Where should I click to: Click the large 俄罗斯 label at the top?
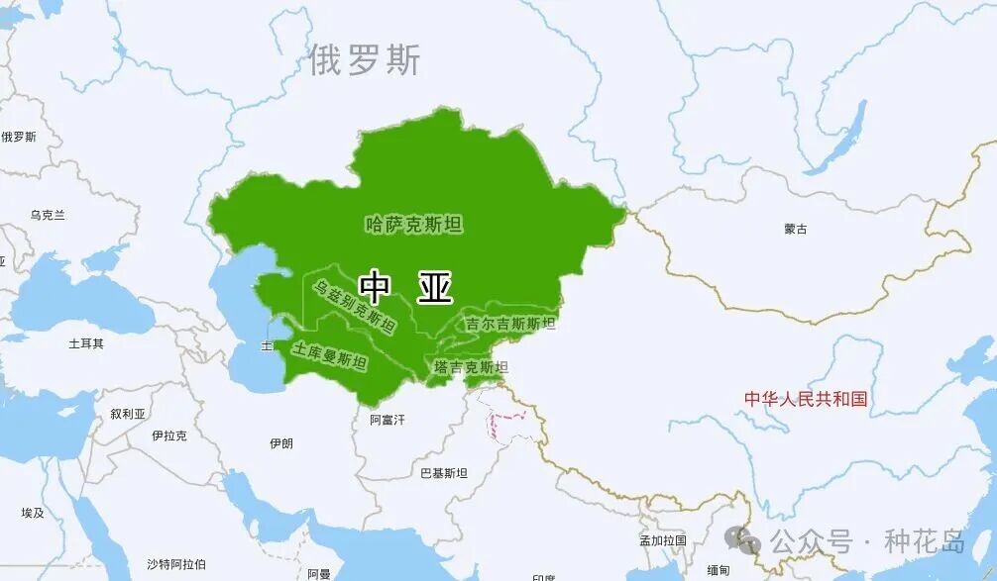click(364, 60)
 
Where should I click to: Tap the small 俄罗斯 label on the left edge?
click(18, 137)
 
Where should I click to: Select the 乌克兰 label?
click(47, 215)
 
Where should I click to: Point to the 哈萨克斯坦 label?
click(413, 225)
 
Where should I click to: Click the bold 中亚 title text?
click(405, 288)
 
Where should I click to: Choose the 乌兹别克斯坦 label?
click(354, 306)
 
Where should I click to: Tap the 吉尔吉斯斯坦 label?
click(510, 324)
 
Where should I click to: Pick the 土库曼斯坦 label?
click(329, 356)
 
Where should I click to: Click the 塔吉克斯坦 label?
click(471, 367)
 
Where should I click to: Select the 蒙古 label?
click(795, 229)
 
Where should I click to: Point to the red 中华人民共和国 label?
click(806, 399)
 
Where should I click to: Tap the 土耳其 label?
click(85, 343)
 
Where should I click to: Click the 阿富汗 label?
click(388, 420)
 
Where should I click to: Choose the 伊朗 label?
click(280, 443)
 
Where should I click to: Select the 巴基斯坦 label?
click(443, 473)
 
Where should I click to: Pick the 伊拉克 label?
click(168, 436)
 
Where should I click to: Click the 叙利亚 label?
click(128, 415)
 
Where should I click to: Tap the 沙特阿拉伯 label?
click(176, 564)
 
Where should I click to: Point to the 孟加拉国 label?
click(663, 540)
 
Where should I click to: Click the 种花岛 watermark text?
click(924, 541)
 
